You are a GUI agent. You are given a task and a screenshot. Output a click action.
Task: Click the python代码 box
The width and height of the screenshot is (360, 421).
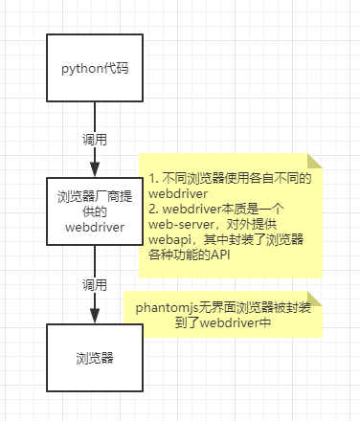pyautogui.click(x=94, y=69)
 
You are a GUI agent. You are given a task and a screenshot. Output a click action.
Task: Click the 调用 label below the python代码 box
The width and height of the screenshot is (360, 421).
pyautogui.click(x=94, y=140)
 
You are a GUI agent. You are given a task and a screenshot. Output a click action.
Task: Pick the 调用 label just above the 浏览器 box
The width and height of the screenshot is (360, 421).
pyautogui.click(x=94, y=285)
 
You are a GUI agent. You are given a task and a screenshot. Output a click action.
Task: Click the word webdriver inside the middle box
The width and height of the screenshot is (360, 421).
pyautogui.click(x=94, y=228)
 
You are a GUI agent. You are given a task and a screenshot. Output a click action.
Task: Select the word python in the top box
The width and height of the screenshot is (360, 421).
pyautogui.click(x=80, y=69)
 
